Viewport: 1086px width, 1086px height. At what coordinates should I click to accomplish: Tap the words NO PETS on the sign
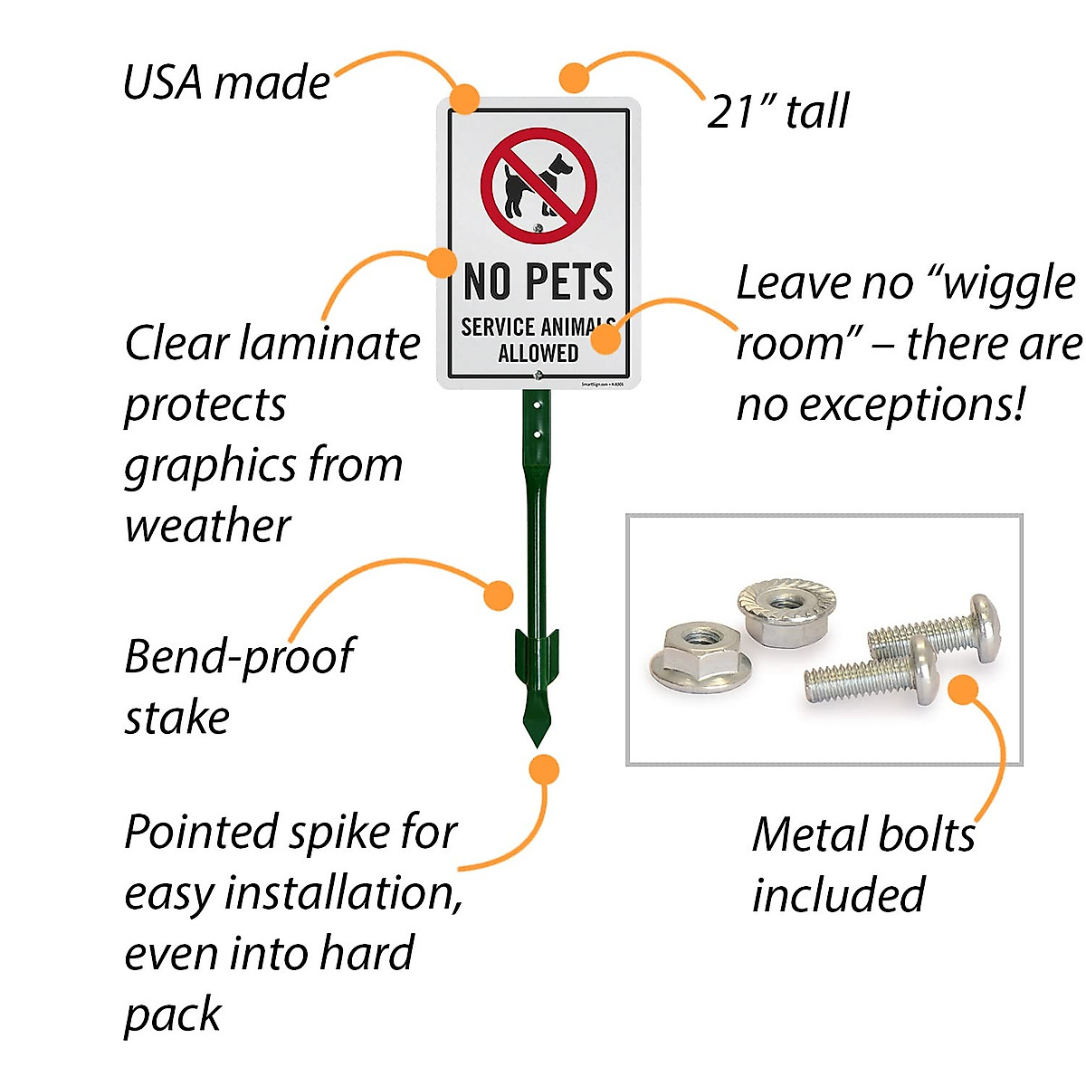[538, 281]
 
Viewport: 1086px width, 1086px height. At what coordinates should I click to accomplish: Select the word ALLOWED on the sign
[538, 353]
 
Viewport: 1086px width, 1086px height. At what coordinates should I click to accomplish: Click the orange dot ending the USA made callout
[465, 98]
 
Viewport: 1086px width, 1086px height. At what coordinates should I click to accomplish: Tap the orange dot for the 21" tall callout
[574, 78]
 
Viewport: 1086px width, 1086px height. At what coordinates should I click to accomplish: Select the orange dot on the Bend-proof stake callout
[498, 595]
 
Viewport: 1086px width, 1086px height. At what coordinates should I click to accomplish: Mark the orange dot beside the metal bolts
[964, 690]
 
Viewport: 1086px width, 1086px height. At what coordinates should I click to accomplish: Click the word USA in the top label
[162, 82]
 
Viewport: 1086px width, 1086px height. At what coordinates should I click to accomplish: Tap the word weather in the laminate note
[207, 526]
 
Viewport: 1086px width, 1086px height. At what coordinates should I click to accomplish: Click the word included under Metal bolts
[838, 895]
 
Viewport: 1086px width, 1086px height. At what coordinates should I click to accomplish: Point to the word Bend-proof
[239, 658]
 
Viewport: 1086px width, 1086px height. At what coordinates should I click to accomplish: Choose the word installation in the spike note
[343, 893]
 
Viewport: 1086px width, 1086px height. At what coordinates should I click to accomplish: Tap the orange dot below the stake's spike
[543, 770]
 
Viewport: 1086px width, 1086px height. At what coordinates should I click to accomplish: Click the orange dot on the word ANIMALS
[607, 338]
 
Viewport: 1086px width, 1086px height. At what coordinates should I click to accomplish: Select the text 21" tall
[777, 111]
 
